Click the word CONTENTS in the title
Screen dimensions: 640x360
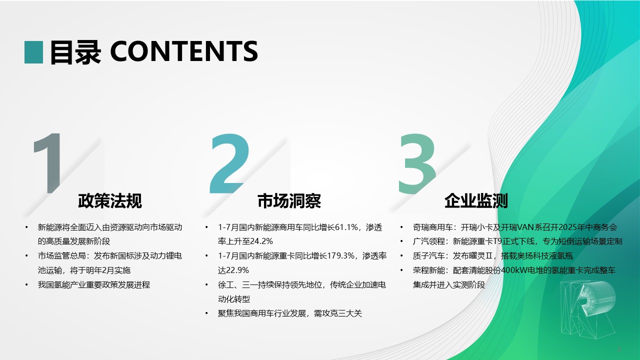184,51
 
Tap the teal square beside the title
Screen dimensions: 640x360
33,52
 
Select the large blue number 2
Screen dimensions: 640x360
229,163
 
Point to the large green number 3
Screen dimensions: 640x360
417,163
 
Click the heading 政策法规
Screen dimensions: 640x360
110,200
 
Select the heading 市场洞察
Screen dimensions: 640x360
289,200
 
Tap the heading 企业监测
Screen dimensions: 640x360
476,200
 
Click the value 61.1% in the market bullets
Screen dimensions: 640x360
346,227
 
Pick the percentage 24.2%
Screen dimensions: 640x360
261,241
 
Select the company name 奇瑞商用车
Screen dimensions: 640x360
433,227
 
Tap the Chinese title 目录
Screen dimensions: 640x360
75,52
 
